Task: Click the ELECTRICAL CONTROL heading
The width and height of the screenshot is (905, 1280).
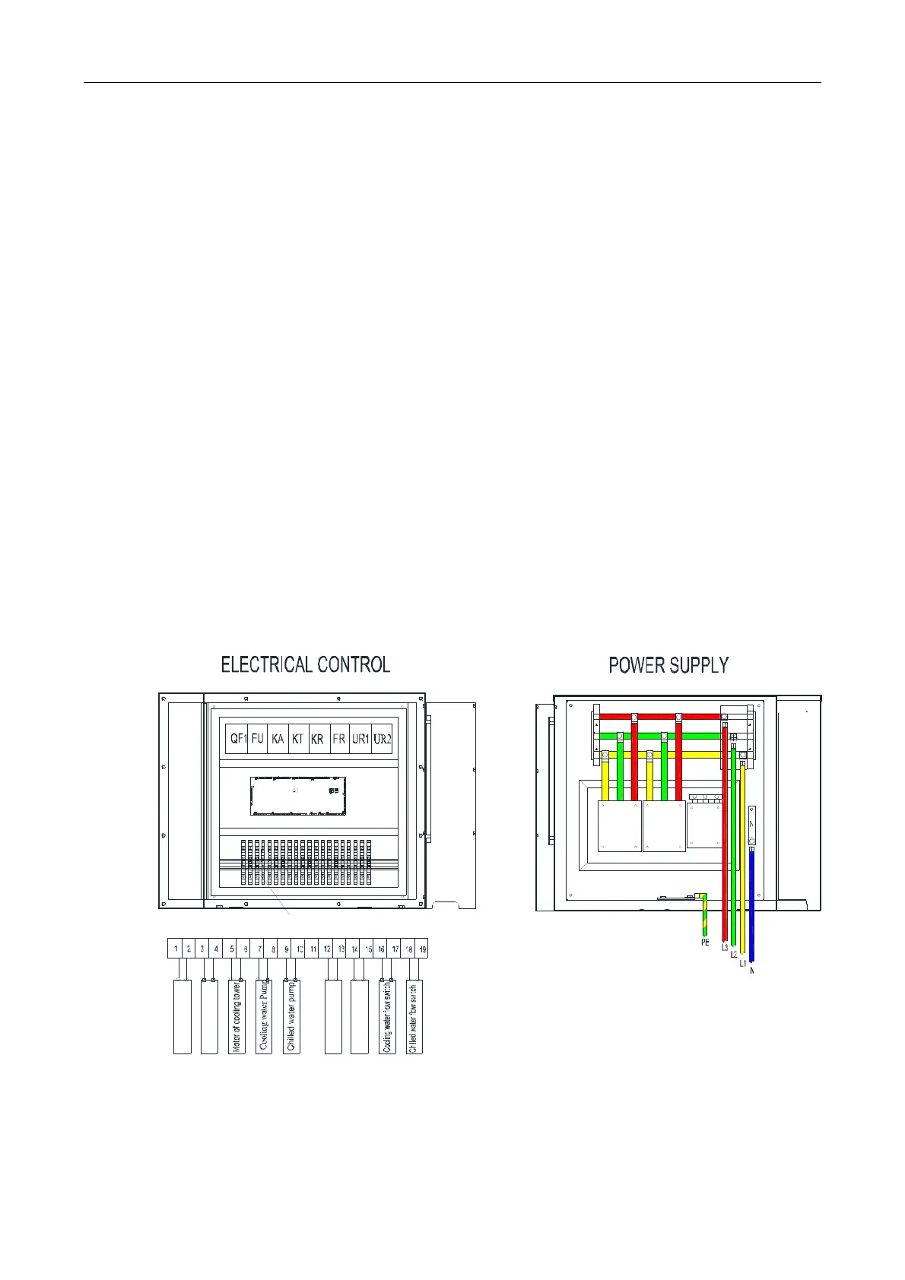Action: (305, 664)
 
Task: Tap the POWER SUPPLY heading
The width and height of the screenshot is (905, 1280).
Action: (668, 665)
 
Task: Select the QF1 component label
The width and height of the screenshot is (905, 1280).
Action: (238, 738)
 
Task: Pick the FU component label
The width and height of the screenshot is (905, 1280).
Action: (258, 738)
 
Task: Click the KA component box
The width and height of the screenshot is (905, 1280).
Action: (278, 738)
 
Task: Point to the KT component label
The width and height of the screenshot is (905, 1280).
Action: (298, 738)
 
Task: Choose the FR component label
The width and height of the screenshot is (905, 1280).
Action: (339, 738)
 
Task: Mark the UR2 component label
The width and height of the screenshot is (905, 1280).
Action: (382, 738)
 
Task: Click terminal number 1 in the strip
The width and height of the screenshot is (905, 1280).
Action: (176, 949)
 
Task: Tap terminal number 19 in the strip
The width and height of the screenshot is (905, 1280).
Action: (423, 949)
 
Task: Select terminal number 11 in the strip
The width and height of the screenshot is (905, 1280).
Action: (313, 949)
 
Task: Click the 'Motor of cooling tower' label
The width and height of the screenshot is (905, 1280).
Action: (237, 1016)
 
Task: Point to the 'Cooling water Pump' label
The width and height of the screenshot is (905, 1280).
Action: (264, 1016)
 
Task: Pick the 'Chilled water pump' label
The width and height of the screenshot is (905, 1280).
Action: (291, 1016)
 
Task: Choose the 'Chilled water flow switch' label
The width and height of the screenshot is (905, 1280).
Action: (414, 1016)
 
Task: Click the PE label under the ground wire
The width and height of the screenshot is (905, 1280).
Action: (705, 943)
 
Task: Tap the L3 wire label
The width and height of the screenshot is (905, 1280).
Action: (725, 948)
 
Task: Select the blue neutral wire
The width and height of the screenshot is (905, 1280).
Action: (751, 905)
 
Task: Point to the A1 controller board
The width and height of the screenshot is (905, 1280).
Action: (298, 796)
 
